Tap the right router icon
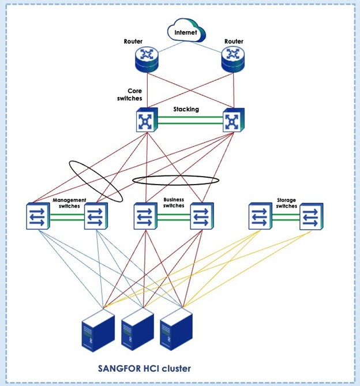(232, 57)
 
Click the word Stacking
(186, 108)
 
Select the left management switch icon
(39, 216)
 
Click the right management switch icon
(96, 216)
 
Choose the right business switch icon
(202, 216)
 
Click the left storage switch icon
(260, 216)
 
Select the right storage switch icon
(311, 216)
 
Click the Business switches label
(174, 203)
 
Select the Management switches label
(69, 203)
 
